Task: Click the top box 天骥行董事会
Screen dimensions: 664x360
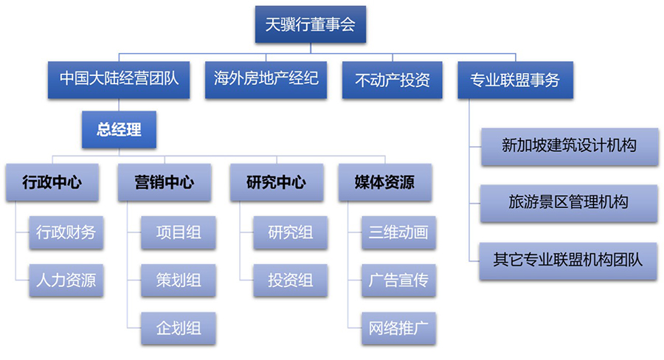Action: tap(311, 24)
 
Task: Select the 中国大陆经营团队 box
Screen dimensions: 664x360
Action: tap(119, 80)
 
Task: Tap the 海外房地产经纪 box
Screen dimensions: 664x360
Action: tap(266, 80)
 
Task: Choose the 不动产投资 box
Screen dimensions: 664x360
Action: tap(392, 80)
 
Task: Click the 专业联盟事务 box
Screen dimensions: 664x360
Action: tap(516, 80)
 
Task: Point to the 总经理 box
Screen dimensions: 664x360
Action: tap(119, 130)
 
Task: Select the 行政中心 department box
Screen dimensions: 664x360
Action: tap(52, 182)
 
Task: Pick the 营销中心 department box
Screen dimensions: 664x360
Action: tap(165, 182)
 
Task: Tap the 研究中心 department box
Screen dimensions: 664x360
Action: tap(277, 182)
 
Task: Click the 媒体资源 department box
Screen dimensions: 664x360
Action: tap(385, 182)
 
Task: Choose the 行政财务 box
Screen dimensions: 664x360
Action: tap(66, 232)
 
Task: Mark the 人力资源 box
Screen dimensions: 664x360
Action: tap(66, 280)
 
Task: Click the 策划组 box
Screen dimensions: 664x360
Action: tap(179, 280)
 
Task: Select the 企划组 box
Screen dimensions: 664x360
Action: tap(179, 328)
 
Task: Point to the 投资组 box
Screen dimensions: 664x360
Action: tap(291, 280)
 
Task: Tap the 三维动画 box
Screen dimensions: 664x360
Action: tap(398, 232)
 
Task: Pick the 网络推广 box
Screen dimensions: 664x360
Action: tap(398, 328)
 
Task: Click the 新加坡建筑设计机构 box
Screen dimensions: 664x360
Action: tap(570, 147)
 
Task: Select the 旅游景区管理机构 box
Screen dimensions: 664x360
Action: tap(569, 204)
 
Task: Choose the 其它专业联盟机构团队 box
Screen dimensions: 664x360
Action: tap(568, 261)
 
